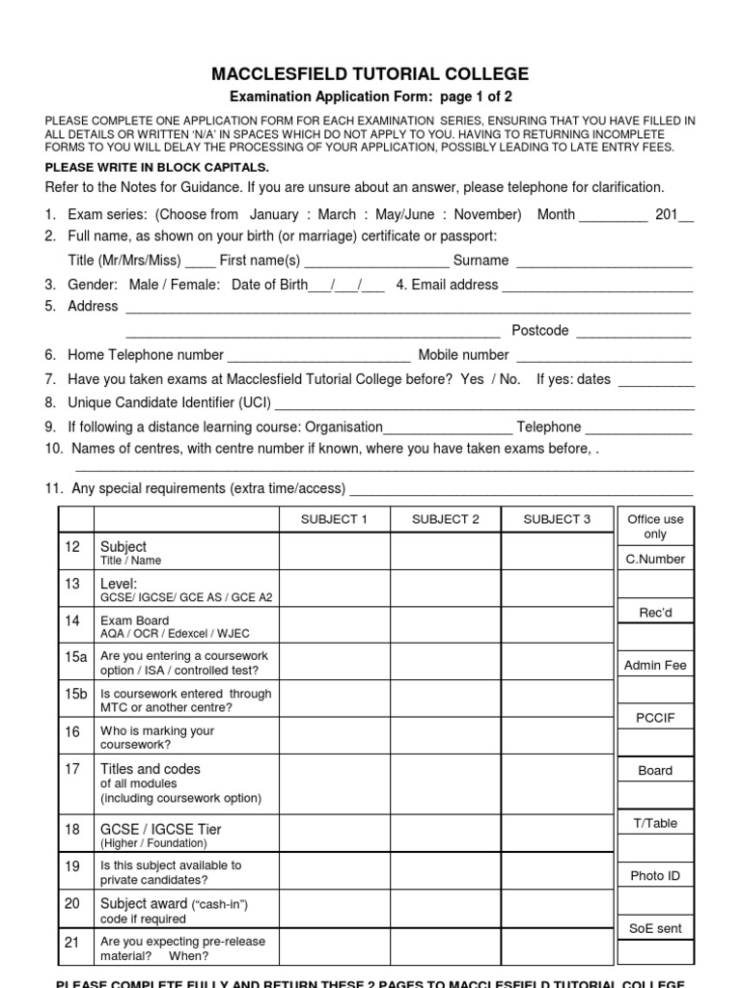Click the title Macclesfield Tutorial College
point(370,74)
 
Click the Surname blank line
point(604,262)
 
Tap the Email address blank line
point(597,288)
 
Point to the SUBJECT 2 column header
point(445,519)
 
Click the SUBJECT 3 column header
point(557,519)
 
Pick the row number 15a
point(76,656)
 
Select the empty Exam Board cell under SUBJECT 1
point(335,626)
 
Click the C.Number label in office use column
point(655,559)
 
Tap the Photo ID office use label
point(655,875)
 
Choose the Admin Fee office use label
point(655,665)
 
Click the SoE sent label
point(655,928)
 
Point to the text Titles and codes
point(151,769)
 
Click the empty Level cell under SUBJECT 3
point(557,589)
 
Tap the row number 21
point(72,943)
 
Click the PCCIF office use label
point(655,718)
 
